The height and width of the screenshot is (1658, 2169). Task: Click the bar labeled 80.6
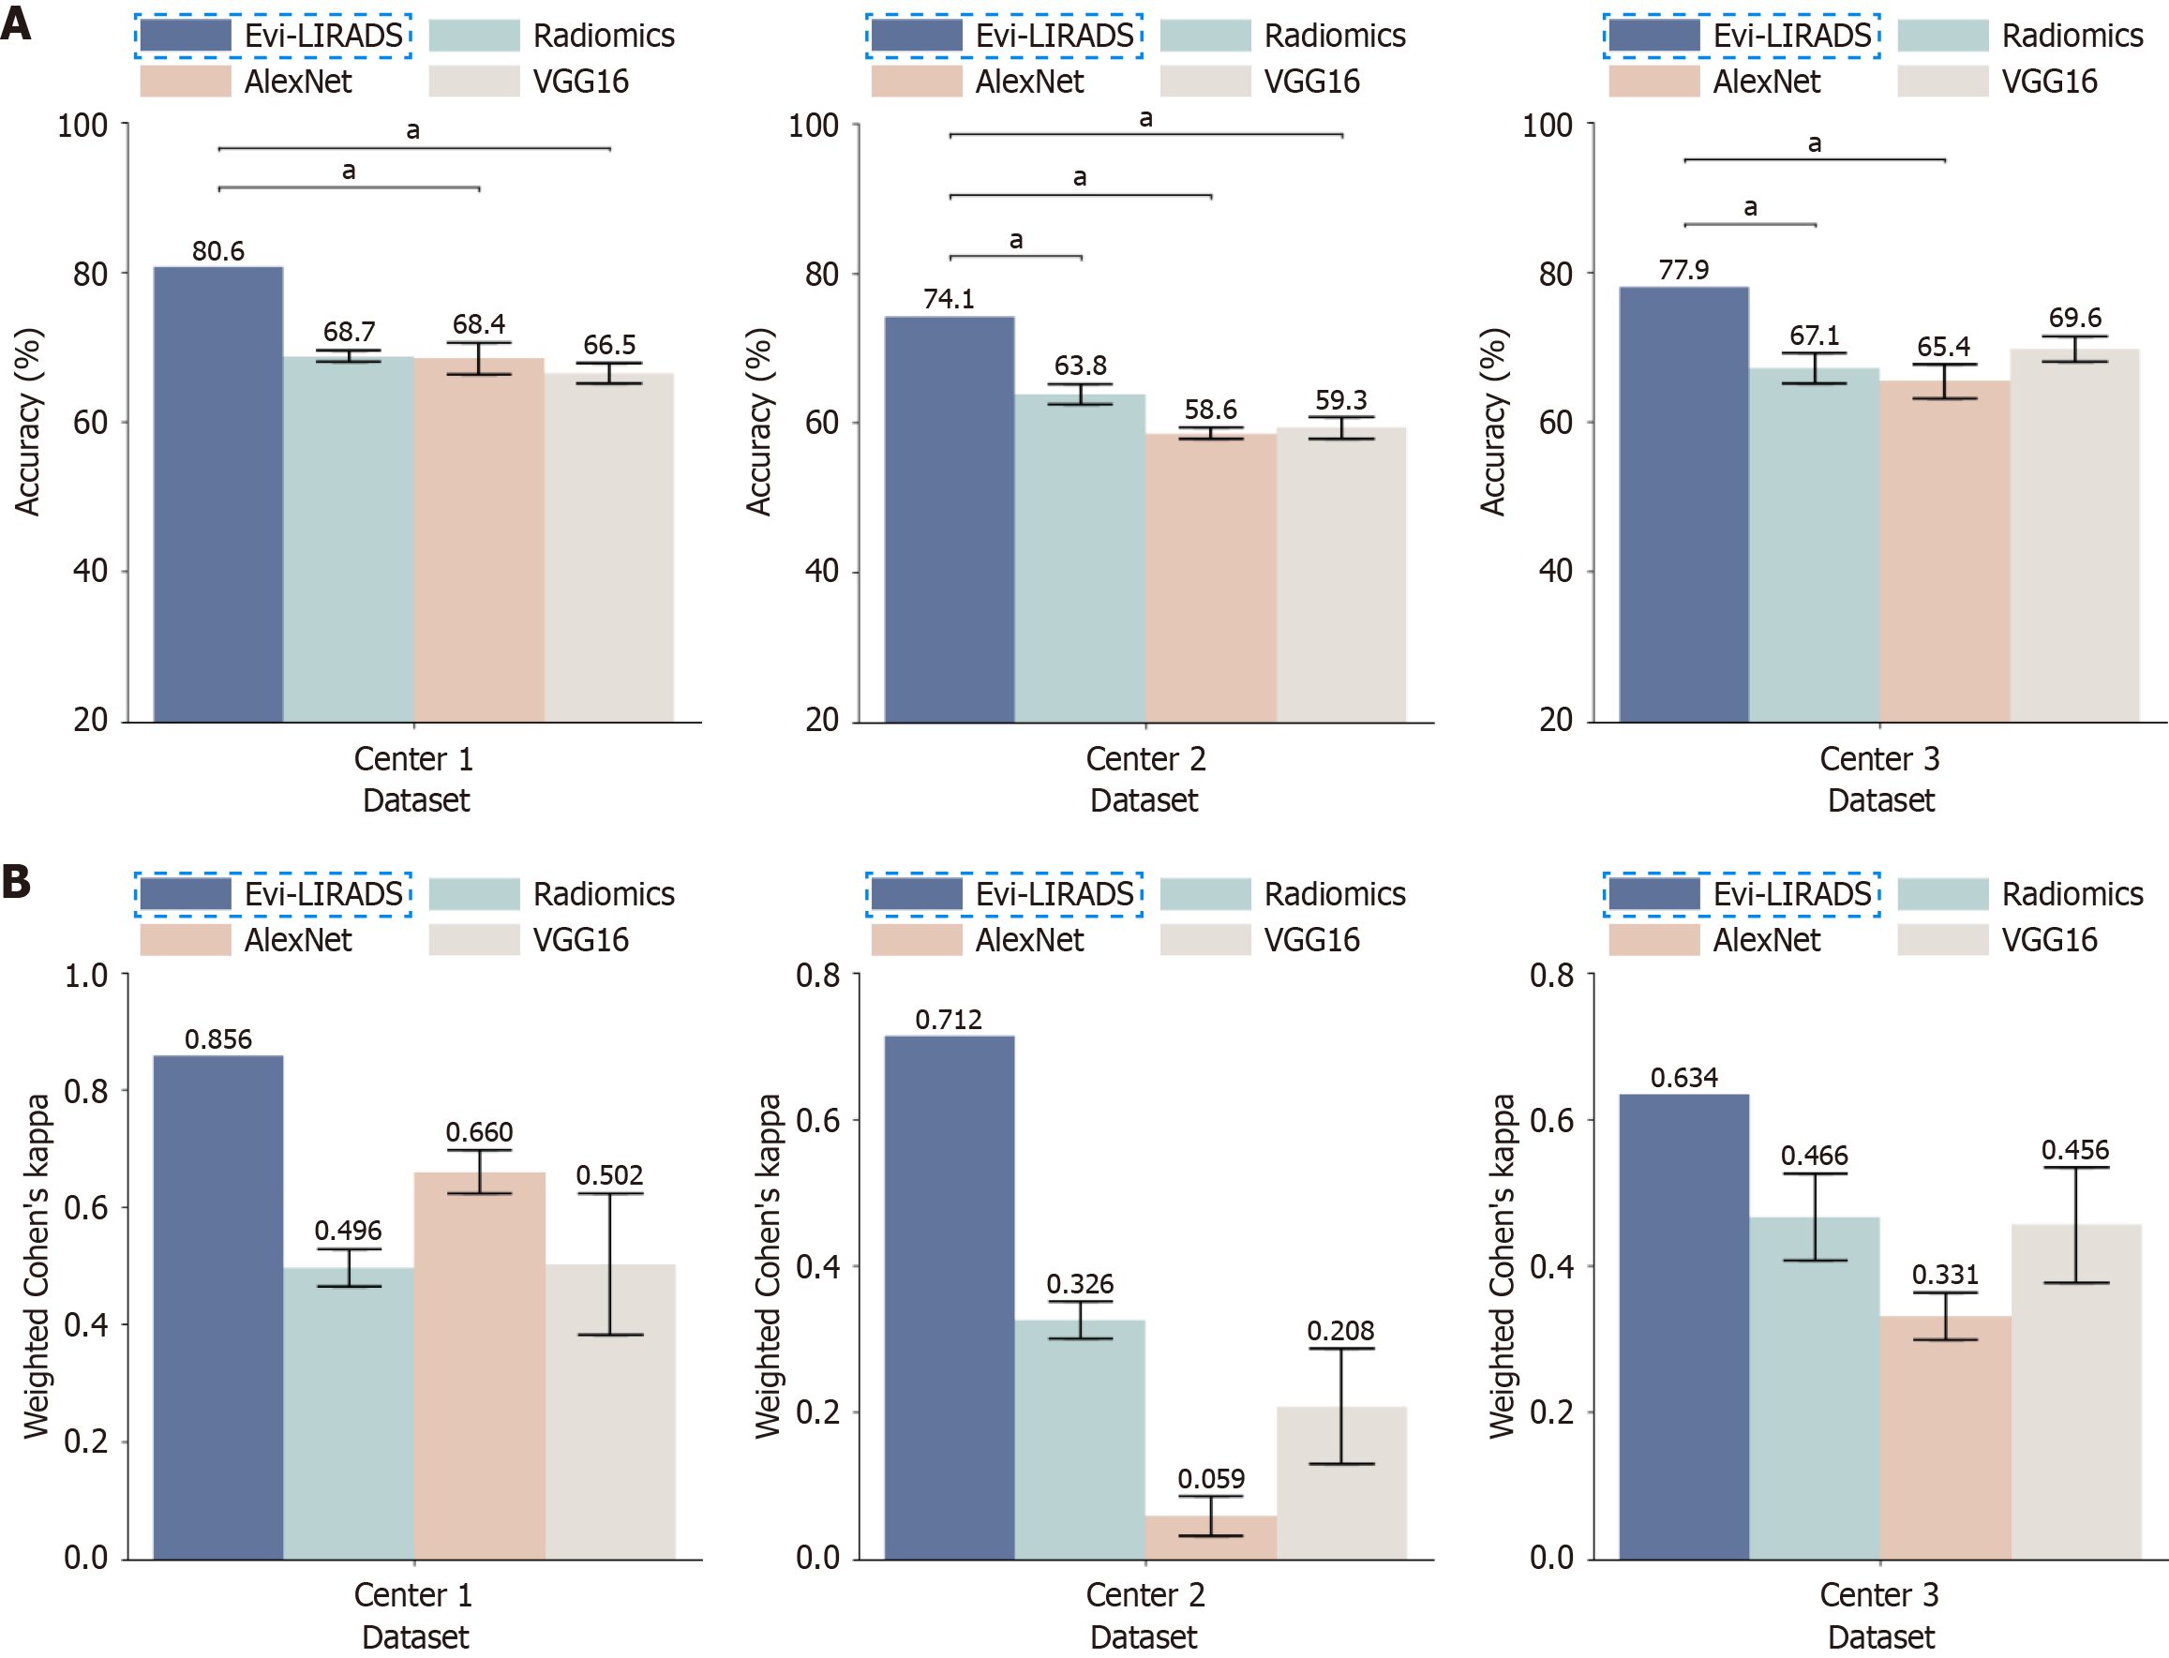coord(218,493)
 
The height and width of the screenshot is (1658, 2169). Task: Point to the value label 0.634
coord(1683,1078)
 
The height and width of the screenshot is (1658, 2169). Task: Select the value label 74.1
coord(949,299)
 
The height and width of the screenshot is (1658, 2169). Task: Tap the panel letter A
coord(16,22)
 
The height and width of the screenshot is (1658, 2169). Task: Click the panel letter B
coord(16,881)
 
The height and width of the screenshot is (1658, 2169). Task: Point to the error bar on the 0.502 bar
coord(610,1264)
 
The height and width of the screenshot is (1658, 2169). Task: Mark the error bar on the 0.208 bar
coord(1341,1405)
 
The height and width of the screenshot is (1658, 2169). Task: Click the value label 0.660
coord(479,1132)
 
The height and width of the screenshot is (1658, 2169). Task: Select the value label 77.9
coord(1683,269)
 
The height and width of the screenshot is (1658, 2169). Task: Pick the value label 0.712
coord(949,1020)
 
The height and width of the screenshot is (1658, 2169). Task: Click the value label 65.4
coord(1943,347)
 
